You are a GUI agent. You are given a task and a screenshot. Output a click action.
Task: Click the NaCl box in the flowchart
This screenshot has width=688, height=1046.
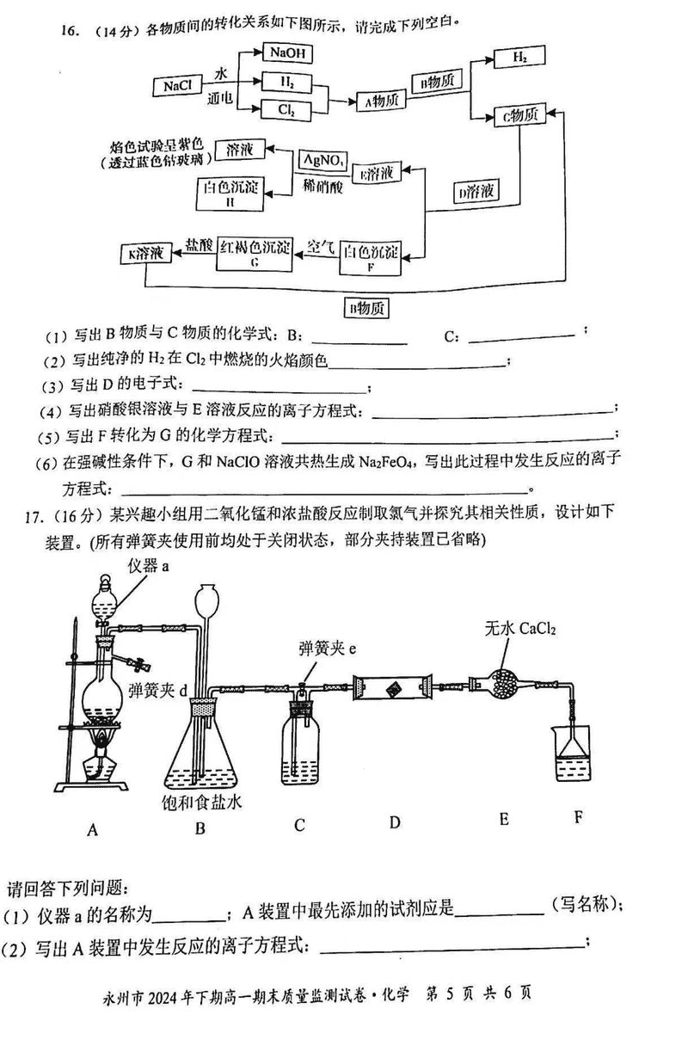(176, 86)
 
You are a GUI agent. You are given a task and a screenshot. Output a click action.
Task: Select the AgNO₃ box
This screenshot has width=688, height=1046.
(323, 160)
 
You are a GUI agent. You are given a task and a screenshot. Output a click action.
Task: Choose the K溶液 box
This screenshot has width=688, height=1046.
(145, 253)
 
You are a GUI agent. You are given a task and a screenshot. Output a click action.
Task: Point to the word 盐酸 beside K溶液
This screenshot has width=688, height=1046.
(199, 245)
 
